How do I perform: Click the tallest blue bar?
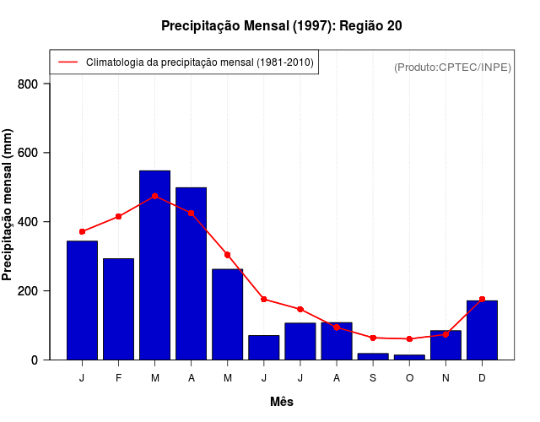154,265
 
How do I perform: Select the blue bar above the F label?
118,309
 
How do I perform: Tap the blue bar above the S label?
373,356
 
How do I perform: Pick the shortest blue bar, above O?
409,357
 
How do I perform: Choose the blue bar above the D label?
482,330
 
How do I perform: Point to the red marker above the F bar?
118,217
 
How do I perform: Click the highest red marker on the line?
154,196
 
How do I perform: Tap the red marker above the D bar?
482,299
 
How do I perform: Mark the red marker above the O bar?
409,338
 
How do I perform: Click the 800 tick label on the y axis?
28,84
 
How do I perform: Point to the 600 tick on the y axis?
28,153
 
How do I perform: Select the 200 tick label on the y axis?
28,291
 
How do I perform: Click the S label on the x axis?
373,377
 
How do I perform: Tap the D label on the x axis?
482,377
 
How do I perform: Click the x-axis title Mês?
282,402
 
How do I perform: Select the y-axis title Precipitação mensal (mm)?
8,205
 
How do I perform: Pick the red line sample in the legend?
67,62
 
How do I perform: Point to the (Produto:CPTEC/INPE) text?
452,67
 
